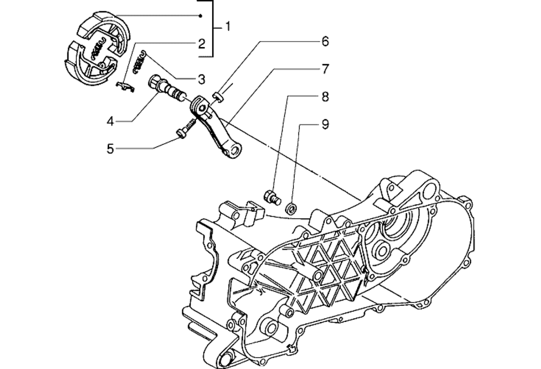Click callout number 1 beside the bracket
(228, 26)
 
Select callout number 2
(201, 43)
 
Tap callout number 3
(201, 79)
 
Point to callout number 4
(110, 121)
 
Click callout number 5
(110, 148)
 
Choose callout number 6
(325, 41)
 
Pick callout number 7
(325, 69)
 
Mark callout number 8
(325, 97)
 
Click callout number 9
(325, 125)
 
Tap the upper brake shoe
(103, 27)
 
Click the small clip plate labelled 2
(126, 86)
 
